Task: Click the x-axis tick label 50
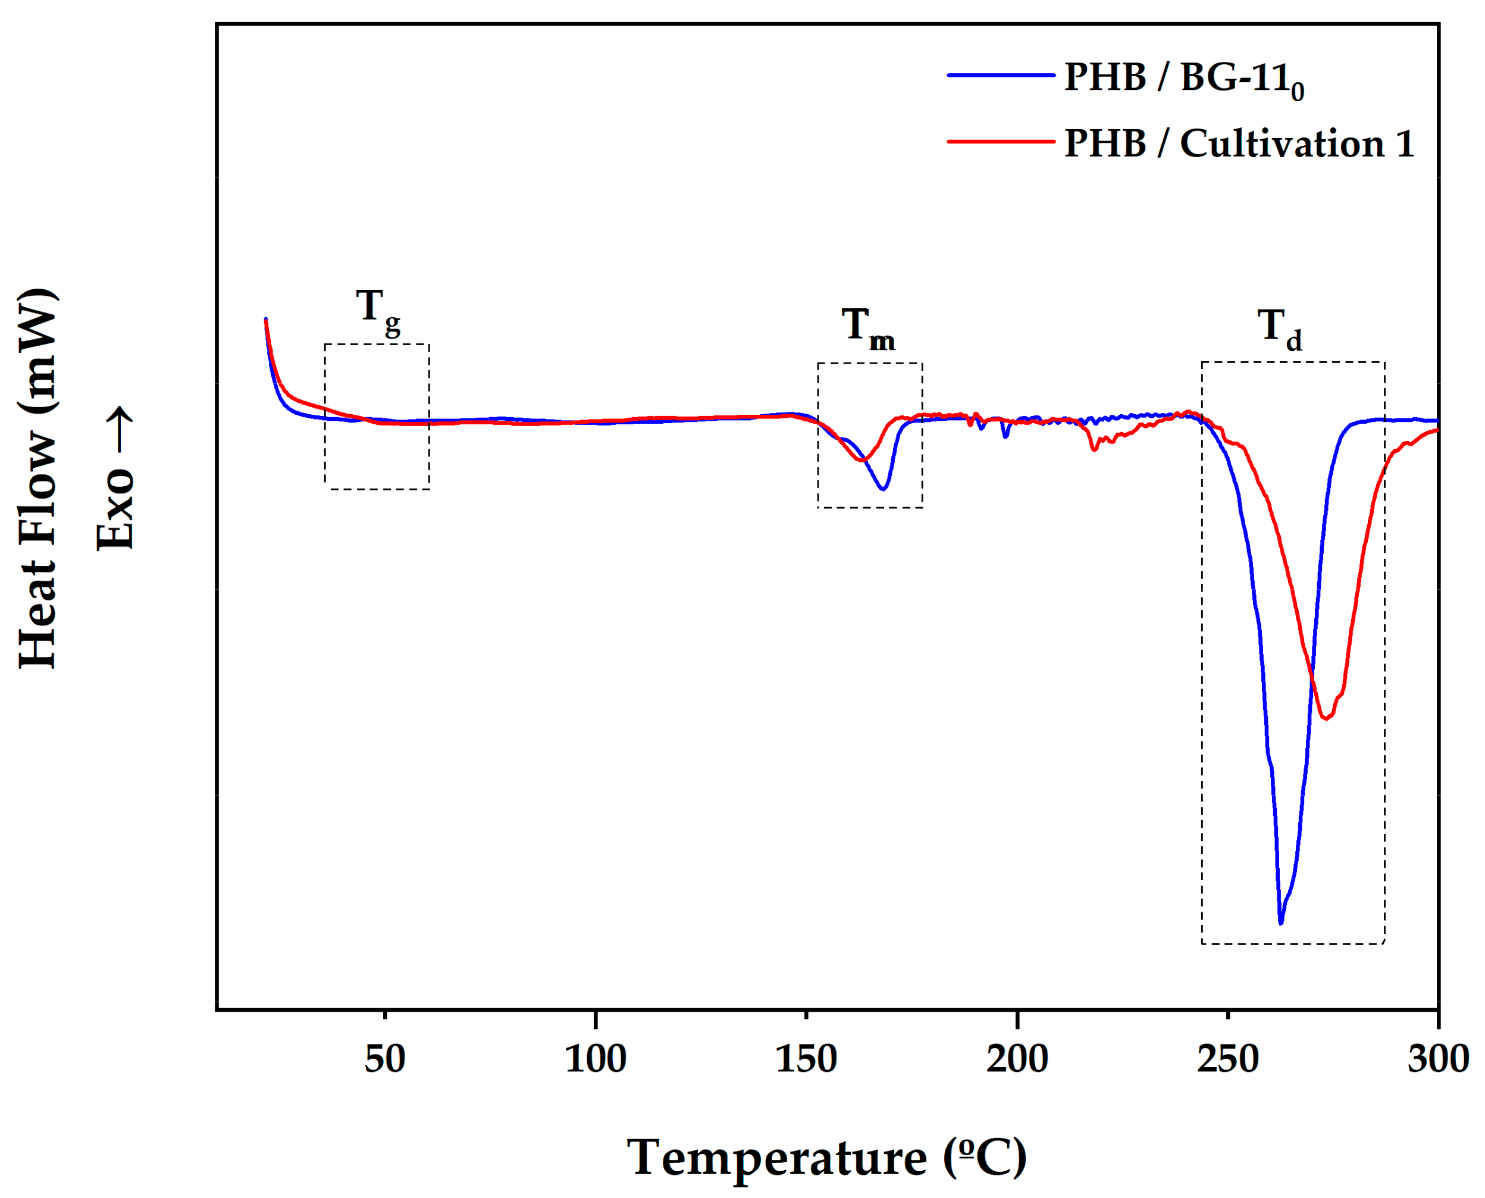(384, 1059)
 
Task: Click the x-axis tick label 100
(595, 1059)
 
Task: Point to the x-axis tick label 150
(806, 1059)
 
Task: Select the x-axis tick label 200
(1017, 1059)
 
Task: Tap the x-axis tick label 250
(1228, 1059)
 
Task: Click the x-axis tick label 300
(1437, 1059)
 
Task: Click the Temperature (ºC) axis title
(826, 1158)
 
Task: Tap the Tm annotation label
(867, 329)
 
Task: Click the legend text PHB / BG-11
(1183, 78)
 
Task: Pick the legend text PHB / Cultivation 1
(1239, 143)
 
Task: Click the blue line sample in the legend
(1001, 74)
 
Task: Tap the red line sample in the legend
(1001, 142)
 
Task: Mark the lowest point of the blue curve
(1281, 922)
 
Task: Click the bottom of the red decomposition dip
(1325, 718)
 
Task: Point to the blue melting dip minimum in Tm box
(883, 489)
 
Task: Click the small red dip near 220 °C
(1094, 449)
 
